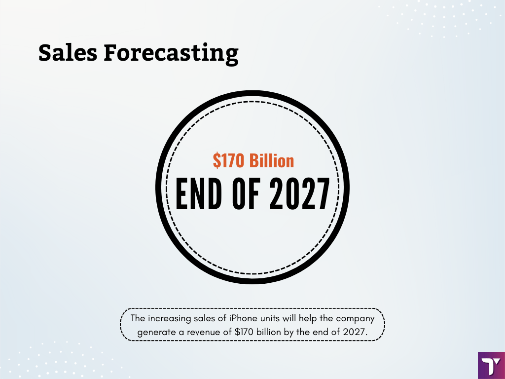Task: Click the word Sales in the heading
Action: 68,52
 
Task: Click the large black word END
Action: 199,194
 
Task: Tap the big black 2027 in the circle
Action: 299,194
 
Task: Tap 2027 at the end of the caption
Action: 355,332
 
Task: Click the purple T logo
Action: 491,366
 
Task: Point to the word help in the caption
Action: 308,319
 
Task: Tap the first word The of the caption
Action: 138,318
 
